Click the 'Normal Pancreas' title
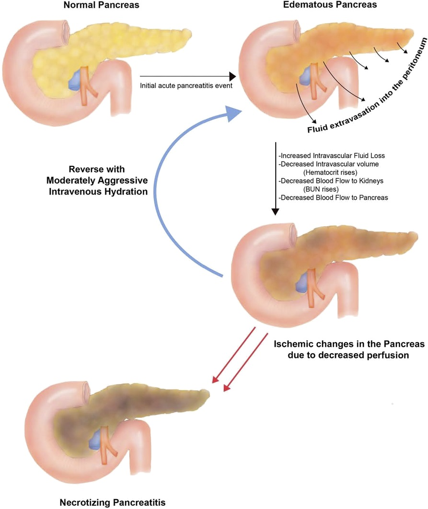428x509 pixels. point(101,5)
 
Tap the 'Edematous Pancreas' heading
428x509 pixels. point(330,4)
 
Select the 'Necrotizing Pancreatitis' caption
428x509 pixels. point(113,502)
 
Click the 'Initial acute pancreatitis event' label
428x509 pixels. point(186,86)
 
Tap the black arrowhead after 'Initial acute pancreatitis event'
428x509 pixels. point(232,76)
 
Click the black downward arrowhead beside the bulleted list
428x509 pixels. point(276,211)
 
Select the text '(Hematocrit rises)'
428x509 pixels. point(330,173)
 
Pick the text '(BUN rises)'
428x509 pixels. point(321,189)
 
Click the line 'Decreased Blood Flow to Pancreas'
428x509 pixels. point(334,197)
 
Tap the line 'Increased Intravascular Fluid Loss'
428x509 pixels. point(332,155)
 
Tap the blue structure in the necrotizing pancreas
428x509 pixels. point(96,439)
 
